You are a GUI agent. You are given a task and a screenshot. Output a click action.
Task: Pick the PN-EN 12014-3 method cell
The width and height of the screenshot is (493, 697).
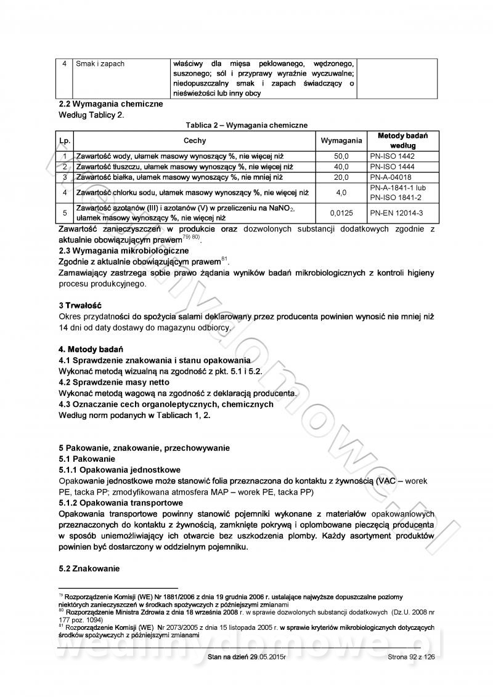pos(396,213)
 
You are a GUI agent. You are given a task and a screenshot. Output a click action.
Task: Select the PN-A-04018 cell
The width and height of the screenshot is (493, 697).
pos(391,177)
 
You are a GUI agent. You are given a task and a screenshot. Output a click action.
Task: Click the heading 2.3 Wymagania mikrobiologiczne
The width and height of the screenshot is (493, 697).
pos(123,251)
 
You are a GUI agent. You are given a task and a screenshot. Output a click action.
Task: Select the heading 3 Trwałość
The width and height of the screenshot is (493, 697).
pos(79,305)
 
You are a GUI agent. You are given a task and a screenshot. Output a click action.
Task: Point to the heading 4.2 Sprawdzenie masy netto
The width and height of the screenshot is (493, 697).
pos(113,382)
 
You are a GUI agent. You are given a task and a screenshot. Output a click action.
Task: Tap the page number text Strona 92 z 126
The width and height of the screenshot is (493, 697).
pos(412,657)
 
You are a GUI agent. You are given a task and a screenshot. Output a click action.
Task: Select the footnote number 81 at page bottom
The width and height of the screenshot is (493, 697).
pos(61,626)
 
